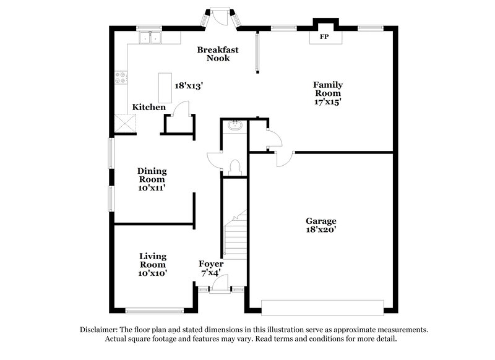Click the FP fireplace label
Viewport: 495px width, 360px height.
pyautogui.click(x=323, y=37)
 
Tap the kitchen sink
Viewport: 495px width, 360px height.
pyautogui.click(x=149, y=38)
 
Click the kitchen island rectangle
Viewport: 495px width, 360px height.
pyautogui.click(x=165, y=88)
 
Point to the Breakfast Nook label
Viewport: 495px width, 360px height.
pyautogui.click(x=213, y=54)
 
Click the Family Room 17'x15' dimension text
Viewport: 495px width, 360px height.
pyautogui.click(x=328, y=102)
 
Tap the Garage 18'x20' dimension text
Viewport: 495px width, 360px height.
pyautogui.click(x=321, y=230)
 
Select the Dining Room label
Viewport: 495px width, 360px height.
pyautogui.click(x=152, y=175)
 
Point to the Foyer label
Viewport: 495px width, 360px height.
pyautogui.click(x=211, y=264)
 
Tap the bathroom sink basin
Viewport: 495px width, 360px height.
pyautogui.click(x=235, y=126)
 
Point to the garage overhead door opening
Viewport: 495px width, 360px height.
pyautogui.click(x=322, y=307)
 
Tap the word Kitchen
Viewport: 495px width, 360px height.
pyautogui.click(x=149, y=108)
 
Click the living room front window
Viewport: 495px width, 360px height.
pyautogui.click(x=153, y=310)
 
